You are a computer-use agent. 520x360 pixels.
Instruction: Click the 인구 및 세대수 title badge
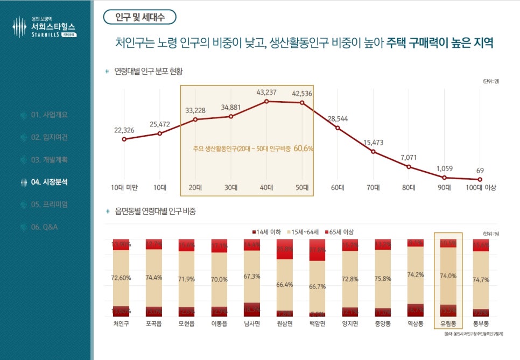139,17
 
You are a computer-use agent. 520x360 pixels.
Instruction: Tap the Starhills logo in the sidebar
45,27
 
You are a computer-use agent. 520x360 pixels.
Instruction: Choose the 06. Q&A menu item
44,227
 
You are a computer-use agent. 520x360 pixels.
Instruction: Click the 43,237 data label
266,93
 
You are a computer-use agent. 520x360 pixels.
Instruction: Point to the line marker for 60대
338,128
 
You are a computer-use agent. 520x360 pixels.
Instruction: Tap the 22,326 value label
124,130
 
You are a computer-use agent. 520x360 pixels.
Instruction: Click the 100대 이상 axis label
480,188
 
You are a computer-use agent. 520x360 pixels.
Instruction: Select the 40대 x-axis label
266,188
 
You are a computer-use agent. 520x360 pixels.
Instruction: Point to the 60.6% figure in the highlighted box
304,148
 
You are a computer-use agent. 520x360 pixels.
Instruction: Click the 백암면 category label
318,324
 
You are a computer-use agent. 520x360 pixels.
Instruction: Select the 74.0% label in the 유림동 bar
448,276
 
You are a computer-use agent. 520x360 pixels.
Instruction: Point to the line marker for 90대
444,178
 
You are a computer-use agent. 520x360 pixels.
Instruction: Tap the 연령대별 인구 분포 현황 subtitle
152,71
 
